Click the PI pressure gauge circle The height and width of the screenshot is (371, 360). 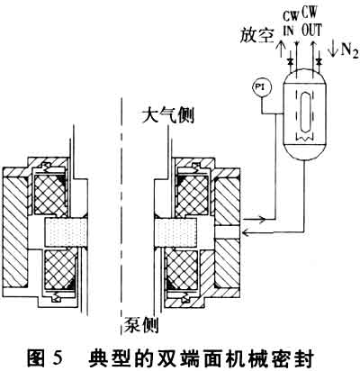[262, 88]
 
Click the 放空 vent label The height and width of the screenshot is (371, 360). [256, 36]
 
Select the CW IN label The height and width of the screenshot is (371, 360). [290, 25]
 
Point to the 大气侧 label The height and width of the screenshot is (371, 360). [168, 115]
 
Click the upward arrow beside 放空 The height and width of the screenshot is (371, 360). [281, 49]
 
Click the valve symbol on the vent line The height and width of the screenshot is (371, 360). [290, 61]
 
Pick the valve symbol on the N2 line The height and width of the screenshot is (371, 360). [319, 61]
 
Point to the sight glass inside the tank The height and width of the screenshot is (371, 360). [305, 112]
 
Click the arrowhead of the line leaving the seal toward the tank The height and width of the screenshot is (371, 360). [262, 220]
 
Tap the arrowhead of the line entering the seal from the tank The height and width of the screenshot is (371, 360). [247, 232]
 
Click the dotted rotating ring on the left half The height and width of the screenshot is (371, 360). [66, 231]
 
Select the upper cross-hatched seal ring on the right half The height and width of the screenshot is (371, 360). [192, 195]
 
